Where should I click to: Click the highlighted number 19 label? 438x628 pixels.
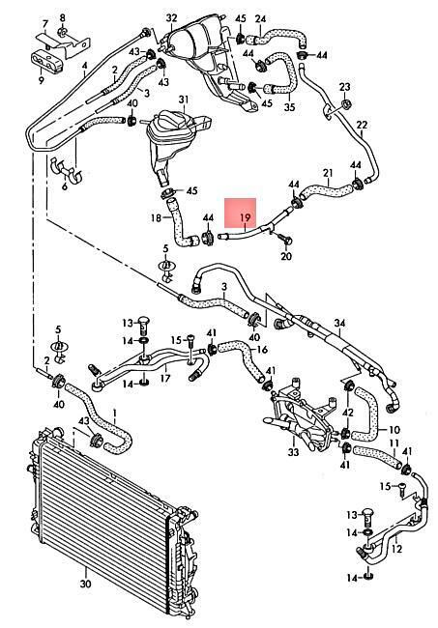point(246,218)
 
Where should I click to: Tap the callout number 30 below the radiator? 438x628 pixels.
point(85,584)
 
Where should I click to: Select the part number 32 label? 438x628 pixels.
point(171,17)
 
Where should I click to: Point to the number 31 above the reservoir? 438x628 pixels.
point(183,100)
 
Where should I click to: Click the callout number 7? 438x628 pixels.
point(45,24)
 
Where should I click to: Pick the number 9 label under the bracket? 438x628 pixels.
point(41,80)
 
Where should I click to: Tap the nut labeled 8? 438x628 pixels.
point(63,31)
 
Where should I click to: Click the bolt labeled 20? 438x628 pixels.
point(285,242)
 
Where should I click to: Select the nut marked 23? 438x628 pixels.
point(345,104)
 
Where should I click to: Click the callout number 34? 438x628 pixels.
point(339,323)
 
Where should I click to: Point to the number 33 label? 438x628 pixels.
point(293,452)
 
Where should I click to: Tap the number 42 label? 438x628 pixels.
point(348,413)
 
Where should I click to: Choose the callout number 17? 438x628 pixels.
point(165,378)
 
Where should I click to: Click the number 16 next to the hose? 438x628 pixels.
point(262,350)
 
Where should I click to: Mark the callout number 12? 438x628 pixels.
point(396,549)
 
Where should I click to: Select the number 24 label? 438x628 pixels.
point(260,18)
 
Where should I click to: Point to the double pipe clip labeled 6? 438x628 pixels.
point(66,170)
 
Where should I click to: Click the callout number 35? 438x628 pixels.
point(289,107)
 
